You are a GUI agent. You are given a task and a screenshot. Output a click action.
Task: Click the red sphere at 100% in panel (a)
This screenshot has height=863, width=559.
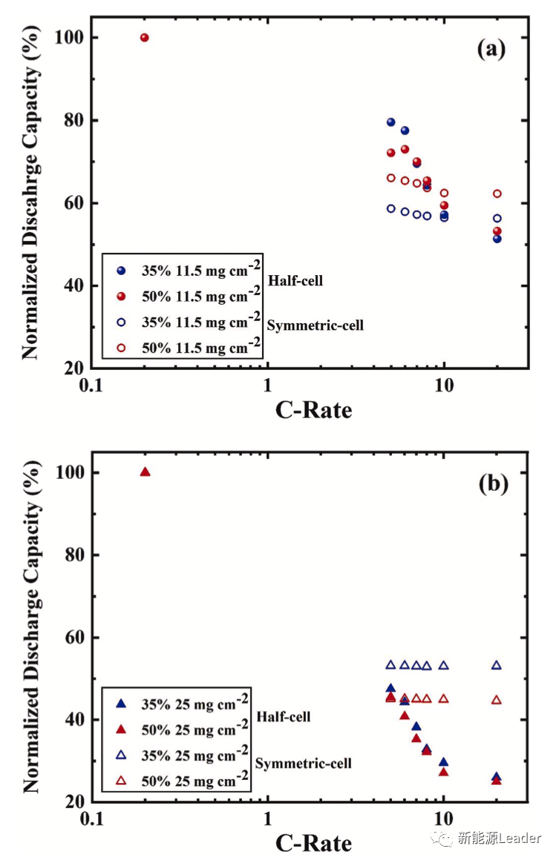point(145,37)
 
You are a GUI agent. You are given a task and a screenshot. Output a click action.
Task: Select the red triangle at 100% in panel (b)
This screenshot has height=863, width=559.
point(145,472)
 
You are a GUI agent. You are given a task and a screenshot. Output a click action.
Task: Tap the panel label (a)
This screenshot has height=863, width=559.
point(491,50)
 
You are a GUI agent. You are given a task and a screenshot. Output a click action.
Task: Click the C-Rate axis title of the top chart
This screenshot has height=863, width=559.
point(314,409)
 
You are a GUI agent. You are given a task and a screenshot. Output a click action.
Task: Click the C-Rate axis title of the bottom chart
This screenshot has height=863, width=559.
point(314,842)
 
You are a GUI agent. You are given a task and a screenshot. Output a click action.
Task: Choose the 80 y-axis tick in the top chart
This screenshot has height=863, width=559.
point(70,120)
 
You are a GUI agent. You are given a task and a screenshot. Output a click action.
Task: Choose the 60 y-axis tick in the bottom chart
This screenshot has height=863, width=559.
point(70,638)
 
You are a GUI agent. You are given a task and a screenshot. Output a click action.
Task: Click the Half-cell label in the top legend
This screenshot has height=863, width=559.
point(295,281)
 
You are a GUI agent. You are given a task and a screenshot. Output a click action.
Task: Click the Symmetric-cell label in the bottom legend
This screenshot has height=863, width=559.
point(304,763)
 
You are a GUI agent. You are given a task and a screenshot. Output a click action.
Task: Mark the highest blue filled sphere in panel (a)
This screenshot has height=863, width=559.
point(390,122)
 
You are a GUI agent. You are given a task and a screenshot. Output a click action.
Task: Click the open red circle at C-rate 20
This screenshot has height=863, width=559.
point(497,194)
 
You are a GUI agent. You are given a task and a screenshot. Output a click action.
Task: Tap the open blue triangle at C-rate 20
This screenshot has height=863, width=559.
point(497,665)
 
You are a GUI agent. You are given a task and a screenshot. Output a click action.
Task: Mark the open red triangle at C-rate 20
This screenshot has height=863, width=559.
point(497,700)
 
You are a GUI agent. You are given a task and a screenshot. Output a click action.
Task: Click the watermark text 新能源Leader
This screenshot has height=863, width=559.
point(499,839)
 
